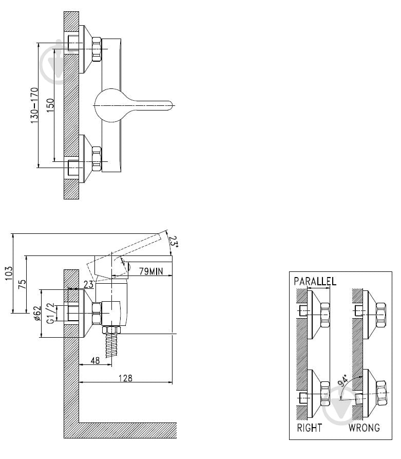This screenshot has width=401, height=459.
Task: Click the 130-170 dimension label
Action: pyautogui.click(x=34, y=105)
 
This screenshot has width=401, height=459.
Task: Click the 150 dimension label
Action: pyautogui.click(x=50, y=105)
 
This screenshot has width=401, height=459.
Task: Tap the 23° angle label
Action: pyautogui.click(x=174, y=242)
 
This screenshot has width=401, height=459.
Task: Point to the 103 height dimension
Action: pyautogui.click(x=9, y=273)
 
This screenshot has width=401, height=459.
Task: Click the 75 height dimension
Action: pyautogui.click(x=22, y=284)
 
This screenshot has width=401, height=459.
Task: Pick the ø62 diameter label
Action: pyautogui.click(x=37, y=314)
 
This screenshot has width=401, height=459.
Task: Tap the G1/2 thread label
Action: pyautogui.click(x=51, y=313)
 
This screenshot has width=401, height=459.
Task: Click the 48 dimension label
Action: pyautogui.click(x=95, y=360)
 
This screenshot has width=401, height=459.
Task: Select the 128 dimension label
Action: pyautogui.click(x=125, y=378)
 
